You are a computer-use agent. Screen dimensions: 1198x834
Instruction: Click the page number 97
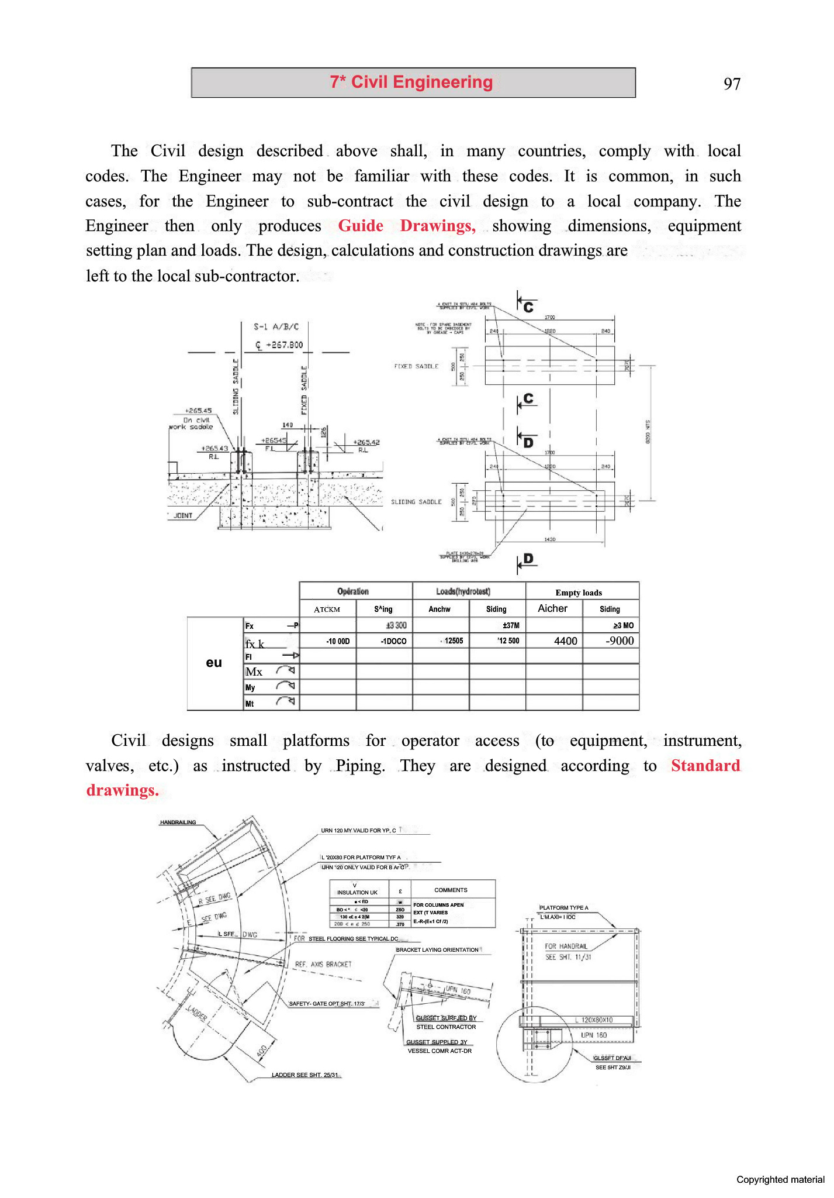[x=732, y=84]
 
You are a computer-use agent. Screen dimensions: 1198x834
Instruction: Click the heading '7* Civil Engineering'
[x=411, y=82]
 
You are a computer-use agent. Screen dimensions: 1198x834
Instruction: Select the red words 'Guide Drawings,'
[x=407, y=226]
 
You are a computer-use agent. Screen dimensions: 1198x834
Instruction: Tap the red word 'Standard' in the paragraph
[x=705, y=766]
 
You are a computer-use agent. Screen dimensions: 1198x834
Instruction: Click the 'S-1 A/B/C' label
[x=276, y=326]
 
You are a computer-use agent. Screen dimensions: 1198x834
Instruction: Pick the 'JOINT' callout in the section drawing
[x=183, y=515]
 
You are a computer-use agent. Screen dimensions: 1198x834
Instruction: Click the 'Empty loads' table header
[x=579, y=593]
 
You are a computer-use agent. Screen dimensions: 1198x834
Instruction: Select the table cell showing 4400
[x=565, y=641]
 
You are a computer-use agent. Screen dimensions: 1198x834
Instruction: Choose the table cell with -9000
[x=620, y=641]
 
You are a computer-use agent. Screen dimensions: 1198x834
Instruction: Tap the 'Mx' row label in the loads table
[x=254, y=672]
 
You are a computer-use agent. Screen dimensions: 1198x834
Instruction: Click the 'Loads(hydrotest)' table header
[x=463, y=591]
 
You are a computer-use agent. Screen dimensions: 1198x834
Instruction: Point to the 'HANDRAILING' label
[x=178, y=822]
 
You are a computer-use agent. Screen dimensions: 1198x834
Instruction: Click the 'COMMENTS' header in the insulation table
[x=451, y=890]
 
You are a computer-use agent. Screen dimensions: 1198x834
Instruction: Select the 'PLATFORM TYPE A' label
[x=563, y=907]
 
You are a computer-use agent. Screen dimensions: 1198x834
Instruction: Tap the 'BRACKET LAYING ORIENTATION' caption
[x=437, y=949]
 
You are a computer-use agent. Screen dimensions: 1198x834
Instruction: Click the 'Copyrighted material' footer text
[x=780, y=1179]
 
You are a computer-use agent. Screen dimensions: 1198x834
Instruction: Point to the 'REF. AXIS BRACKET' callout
[x=323, y=964]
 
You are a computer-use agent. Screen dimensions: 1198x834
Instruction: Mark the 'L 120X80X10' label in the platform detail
[x=597, y=1020]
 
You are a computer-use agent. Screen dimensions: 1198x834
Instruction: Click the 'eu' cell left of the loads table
[x=214, y=662]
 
